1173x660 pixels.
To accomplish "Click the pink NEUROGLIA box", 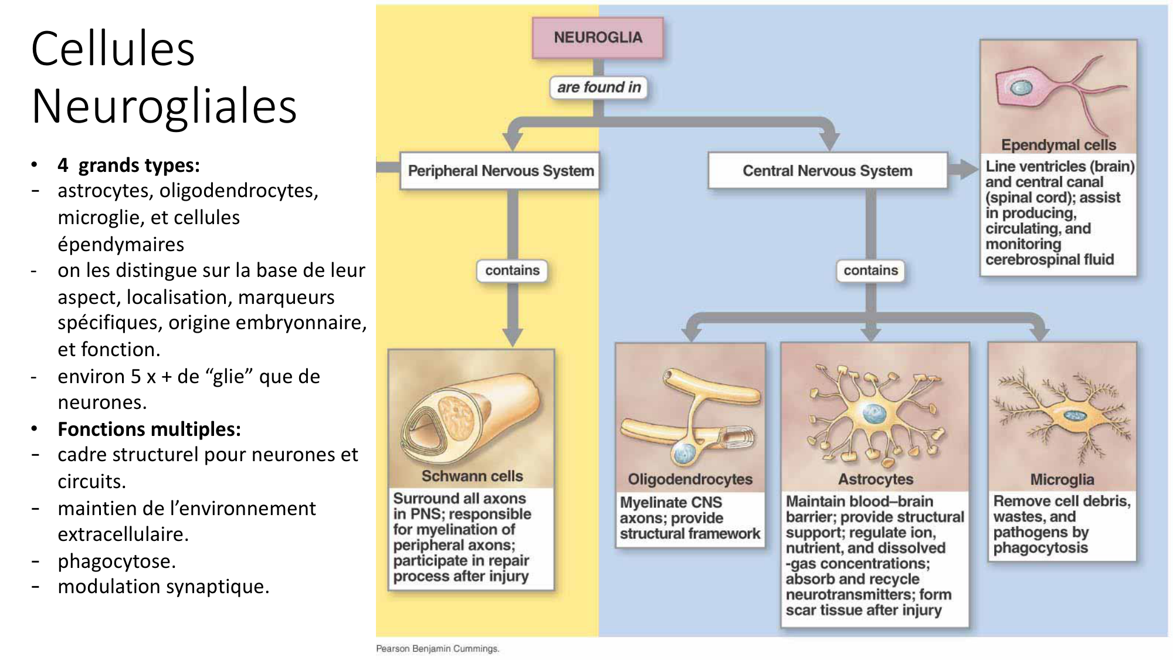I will [x=598, y=38].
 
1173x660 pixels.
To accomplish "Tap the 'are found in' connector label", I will [x=599, y=87].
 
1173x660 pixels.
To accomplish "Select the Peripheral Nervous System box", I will [x=500, y=171].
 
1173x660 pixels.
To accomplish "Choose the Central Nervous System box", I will [x=827, y=171].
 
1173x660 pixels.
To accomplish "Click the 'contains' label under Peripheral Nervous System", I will [x=512, y=270].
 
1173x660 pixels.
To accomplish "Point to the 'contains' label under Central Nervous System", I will [x=870, y=270].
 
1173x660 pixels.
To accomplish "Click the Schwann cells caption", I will [x=472, y=476].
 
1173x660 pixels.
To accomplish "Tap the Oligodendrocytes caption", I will [x=690, y=479].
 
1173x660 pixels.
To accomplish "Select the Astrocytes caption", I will [x=875, y=479].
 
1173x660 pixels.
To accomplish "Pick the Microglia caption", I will [x=1062, y=480].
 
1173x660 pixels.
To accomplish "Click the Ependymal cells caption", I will [x=1058, y=145].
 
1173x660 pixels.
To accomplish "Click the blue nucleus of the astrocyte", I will [x=874, y=414].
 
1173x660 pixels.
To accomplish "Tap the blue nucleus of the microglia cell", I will [x=1075, y=416].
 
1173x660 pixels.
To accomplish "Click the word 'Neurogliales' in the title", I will [x=164, y=106].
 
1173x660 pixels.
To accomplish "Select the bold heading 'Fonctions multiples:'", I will [x=149, y=429].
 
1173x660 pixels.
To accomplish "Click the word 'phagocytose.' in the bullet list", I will [x=117, y=561].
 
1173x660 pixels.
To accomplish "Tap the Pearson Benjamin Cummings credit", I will [x=438, y=648].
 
